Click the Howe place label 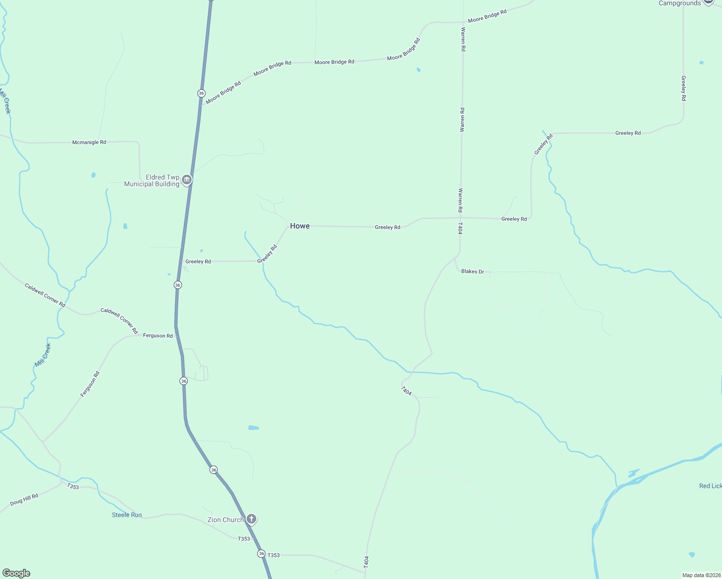(300, 226)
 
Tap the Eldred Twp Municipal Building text (152, 180)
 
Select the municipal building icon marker (187, 180)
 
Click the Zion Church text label (225, 520)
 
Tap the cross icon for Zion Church (251, 519)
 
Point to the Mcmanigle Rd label (89, 142)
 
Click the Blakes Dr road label (472, 272)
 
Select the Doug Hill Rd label (24, 499)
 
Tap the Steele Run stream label (127, 515)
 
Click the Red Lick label (710, 486)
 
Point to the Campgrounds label (680, 3)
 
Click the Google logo (16, 573)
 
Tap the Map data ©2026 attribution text (701, 575)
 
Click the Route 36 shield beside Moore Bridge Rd (201, 93)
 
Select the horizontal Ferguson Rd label (158, 336)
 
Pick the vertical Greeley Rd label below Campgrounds (683, 88)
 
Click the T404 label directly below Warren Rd (460, 228)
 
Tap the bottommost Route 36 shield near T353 (261, 553)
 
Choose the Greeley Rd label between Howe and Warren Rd (388, 227)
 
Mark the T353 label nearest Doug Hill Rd (73, 486)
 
